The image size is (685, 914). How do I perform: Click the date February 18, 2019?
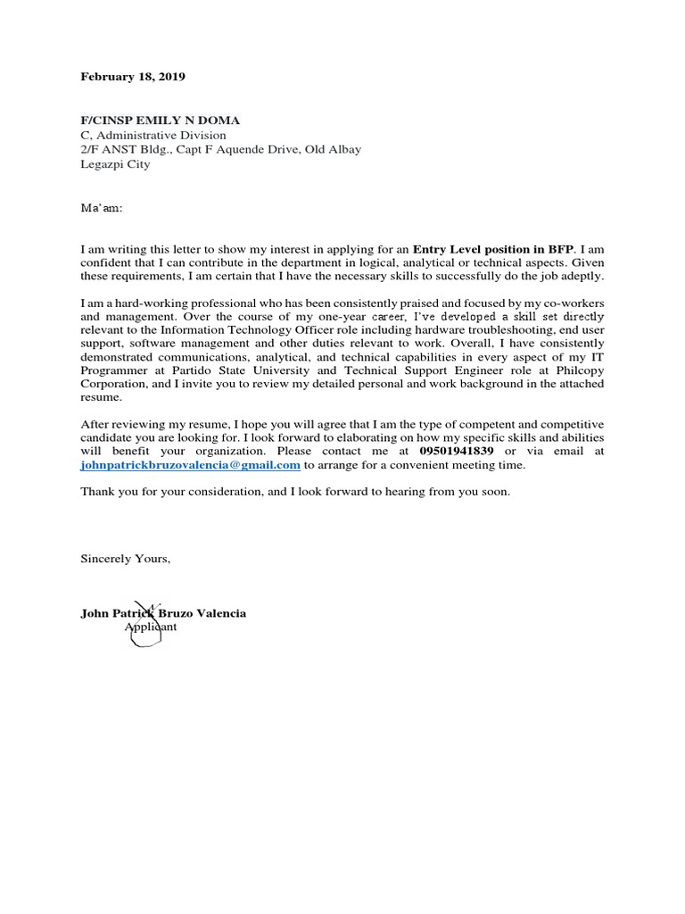(133, 78)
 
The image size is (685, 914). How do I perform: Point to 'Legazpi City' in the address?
(116, 164)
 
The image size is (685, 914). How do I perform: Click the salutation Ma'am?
(102, 208)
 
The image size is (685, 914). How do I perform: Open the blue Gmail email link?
(190, 466)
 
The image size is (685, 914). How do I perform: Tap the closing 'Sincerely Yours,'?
(125, 559)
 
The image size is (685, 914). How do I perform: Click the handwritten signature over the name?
(140, 618)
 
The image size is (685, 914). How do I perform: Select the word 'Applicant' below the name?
(151, 627)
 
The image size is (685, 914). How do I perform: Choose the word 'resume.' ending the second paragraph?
(100, 397)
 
